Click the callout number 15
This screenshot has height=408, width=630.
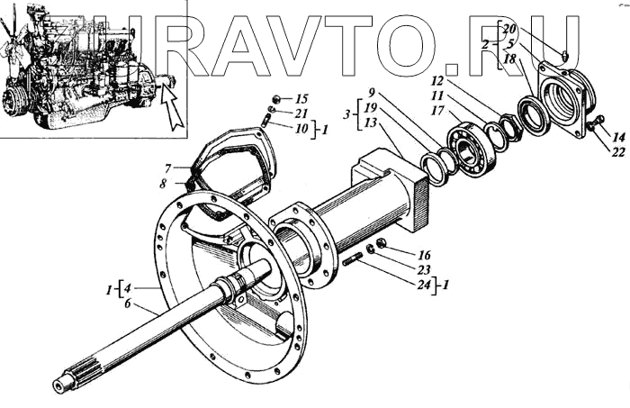[301, 98]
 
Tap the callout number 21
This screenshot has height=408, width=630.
[301, 113]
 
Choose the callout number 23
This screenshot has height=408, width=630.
[424, 269]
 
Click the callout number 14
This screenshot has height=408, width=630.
[616, 137]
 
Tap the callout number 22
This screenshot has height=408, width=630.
[616, 151]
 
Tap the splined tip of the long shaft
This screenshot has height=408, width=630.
[67, 384]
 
